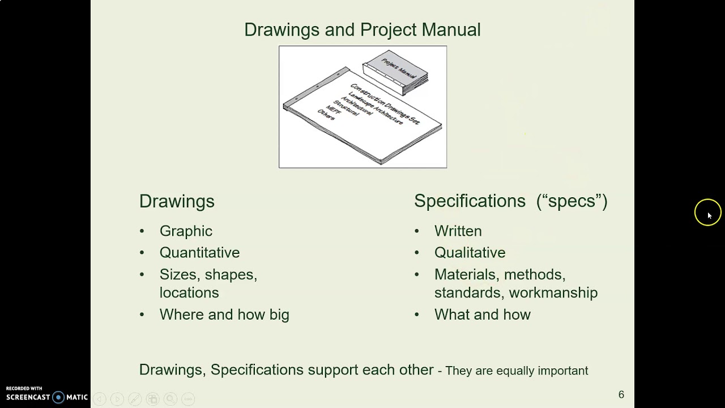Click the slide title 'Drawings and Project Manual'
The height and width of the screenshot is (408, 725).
(362, 29)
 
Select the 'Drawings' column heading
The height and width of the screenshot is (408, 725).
(177, 201)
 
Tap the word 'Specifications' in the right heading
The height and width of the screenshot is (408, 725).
(470, 201)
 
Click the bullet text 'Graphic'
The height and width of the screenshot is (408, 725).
(186, 231)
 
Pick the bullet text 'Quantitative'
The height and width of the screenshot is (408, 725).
(199, 253)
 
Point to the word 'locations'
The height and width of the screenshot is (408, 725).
(189, 292)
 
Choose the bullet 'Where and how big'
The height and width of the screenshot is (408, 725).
(224, 314)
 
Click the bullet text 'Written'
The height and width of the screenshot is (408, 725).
(458, 231)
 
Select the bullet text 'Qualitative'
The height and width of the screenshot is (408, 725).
(470, 253)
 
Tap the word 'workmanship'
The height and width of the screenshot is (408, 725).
(553, 292)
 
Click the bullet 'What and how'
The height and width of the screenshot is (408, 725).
(482, 314)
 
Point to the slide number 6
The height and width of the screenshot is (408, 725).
(621, 394)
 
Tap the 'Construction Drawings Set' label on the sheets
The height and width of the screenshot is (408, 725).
(385, 105)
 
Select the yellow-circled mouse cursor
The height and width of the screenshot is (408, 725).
(707, 213)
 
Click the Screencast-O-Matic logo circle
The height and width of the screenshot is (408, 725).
(58, 397)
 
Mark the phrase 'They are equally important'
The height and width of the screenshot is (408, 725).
(517, 371)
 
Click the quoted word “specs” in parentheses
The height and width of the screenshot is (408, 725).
(572, 201)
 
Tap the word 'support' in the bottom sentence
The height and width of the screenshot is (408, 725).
(332, 370)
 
